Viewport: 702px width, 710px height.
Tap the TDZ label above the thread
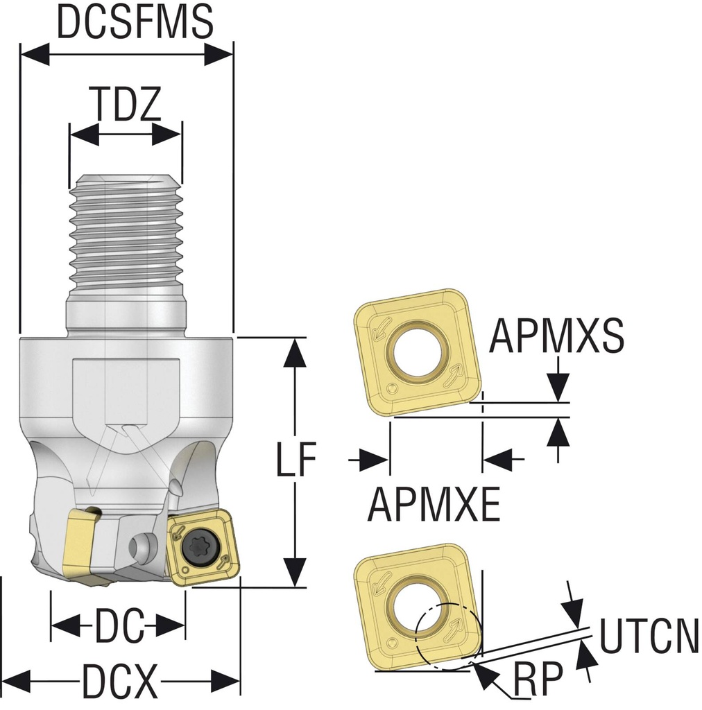click(x=128, y=105)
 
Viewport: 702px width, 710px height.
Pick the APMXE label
click(x=434, y=504)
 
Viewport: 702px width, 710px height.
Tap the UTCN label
click(x=649, y=637)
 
